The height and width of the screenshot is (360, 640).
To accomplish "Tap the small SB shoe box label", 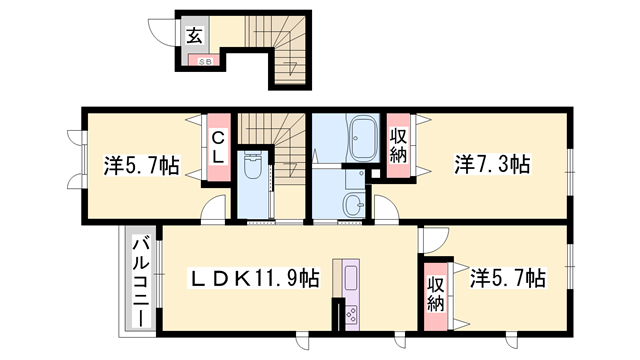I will click(203, 62).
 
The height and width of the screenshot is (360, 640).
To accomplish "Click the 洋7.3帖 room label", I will click(493, 163).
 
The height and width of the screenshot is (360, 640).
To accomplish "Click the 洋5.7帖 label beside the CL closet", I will click(142, 166).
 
